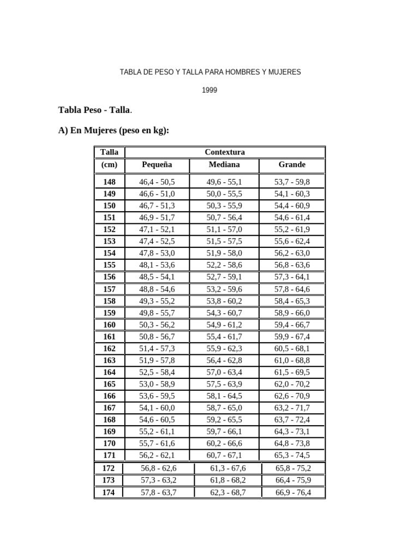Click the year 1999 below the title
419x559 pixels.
coord(209,91)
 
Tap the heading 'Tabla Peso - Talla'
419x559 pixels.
coord(94,110)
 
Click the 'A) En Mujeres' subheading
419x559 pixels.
coord(113,131)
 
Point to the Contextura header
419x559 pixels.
coord(224,152)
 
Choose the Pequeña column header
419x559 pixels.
coord(157,164)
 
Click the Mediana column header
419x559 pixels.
coord(224,164)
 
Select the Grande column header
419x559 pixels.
coord(292,164)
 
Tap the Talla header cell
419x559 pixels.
coord(109,152)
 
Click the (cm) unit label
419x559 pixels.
coord(109,164)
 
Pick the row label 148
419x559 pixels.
coord(109,182)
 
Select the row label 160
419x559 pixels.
coord(109,325)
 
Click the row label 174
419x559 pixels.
coord(109,492)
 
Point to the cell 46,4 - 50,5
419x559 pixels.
coord(157,182)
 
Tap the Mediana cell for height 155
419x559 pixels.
coord(224,265)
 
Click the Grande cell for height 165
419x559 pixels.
coord(292,384)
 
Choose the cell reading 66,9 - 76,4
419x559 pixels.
coord(294,492)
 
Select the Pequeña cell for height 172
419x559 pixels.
coord(159,468)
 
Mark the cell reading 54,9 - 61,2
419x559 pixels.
coord(224,325)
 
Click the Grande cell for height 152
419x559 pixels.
coord(292,229)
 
